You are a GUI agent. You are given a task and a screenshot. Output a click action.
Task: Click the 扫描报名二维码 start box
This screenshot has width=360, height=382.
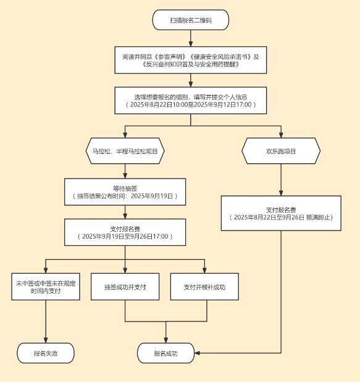pyautogui.click(x=191, y=20)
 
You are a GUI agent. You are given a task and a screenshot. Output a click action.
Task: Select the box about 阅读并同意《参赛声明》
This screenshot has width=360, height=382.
pyautogui.click(x=191, y=61)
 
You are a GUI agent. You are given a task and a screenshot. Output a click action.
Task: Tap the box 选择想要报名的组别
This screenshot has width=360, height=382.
pyautogui.click(x=191, y=101)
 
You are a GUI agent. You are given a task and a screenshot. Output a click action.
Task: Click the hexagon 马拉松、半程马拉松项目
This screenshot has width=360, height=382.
pyautogui.click(x=125, y=151)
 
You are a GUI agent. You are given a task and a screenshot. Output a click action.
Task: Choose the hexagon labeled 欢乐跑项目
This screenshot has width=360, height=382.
pyautogui.click(x=281, y=151)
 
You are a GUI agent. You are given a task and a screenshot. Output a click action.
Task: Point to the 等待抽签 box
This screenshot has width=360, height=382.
pyautogui.click(x=125, y=192)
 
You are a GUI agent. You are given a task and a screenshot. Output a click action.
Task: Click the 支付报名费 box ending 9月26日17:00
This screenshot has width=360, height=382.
pyautogui.click(x=125, y=232)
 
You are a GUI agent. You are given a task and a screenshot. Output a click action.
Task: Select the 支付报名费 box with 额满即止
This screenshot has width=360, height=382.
pyautogui.click(x=281, y=213)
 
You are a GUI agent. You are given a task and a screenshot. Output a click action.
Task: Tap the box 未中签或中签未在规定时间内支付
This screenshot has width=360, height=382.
pyautogui.click(x=46, y=286)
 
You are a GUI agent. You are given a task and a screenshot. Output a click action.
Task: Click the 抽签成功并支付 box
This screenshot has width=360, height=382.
pyautogui.click(x=125, y=286)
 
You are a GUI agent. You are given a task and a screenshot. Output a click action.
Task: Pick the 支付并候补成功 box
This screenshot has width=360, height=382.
pyautogui.click(x=204, y=286)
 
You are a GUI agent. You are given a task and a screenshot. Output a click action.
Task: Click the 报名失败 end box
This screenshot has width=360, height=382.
pyautogui.click(x=46, y=353)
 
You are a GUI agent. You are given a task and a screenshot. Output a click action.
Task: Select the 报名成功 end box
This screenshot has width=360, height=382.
pyautogui.click(x=165, y=353)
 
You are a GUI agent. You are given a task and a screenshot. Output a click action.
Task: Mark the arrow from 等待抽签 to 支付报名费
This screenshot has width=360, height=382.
pyautogui.click(x=125, y=213)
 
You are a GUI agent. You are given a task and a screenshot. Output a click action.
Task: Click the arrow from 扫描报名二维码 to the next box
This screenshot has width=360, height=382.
pyautogui.click(x=191, y=38)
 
